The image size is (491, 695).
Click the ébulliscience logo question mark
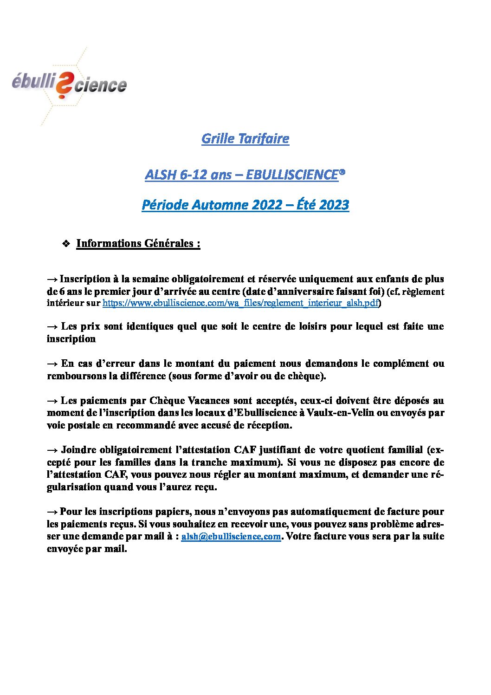pyautogui.click(x=64, y=86)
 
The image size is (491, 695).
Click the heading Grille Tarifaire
pyautogui.click(x=245, y=138)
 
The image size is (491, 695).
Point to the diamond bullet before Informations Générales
pyautogui.click(x=66, y=243)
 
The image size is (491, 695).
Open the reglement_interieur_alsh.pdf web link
pyautogui.click(x=240, y=303)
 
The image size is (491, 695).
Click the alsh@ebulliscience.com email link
pyautogui.click(x=231, y=536)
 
